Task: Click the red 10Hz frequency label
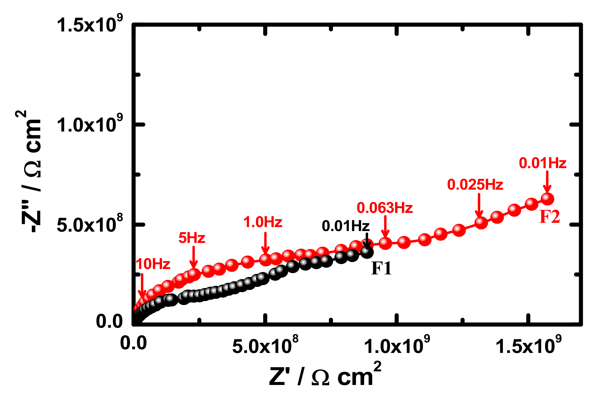[153, 264]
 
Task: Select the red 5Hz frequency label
[192, 238]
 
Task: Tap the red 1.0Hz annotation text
[263, 222]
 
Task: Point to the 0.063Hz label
[385, 208]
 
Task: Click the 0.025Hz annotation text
[475, 185]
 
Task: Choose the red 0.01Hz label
[543, 163]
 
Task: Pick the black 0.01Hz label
[345, 226]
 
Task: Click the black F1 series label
[381, 268]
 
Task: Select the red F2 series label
[549, 217]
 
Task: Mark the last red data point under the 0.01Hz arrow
[547, 198]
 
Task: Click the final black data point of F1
[367, 252]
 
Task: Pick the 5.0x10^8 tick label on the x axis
[265, 345]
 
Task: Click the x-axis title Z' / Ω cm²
[325, 376]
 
